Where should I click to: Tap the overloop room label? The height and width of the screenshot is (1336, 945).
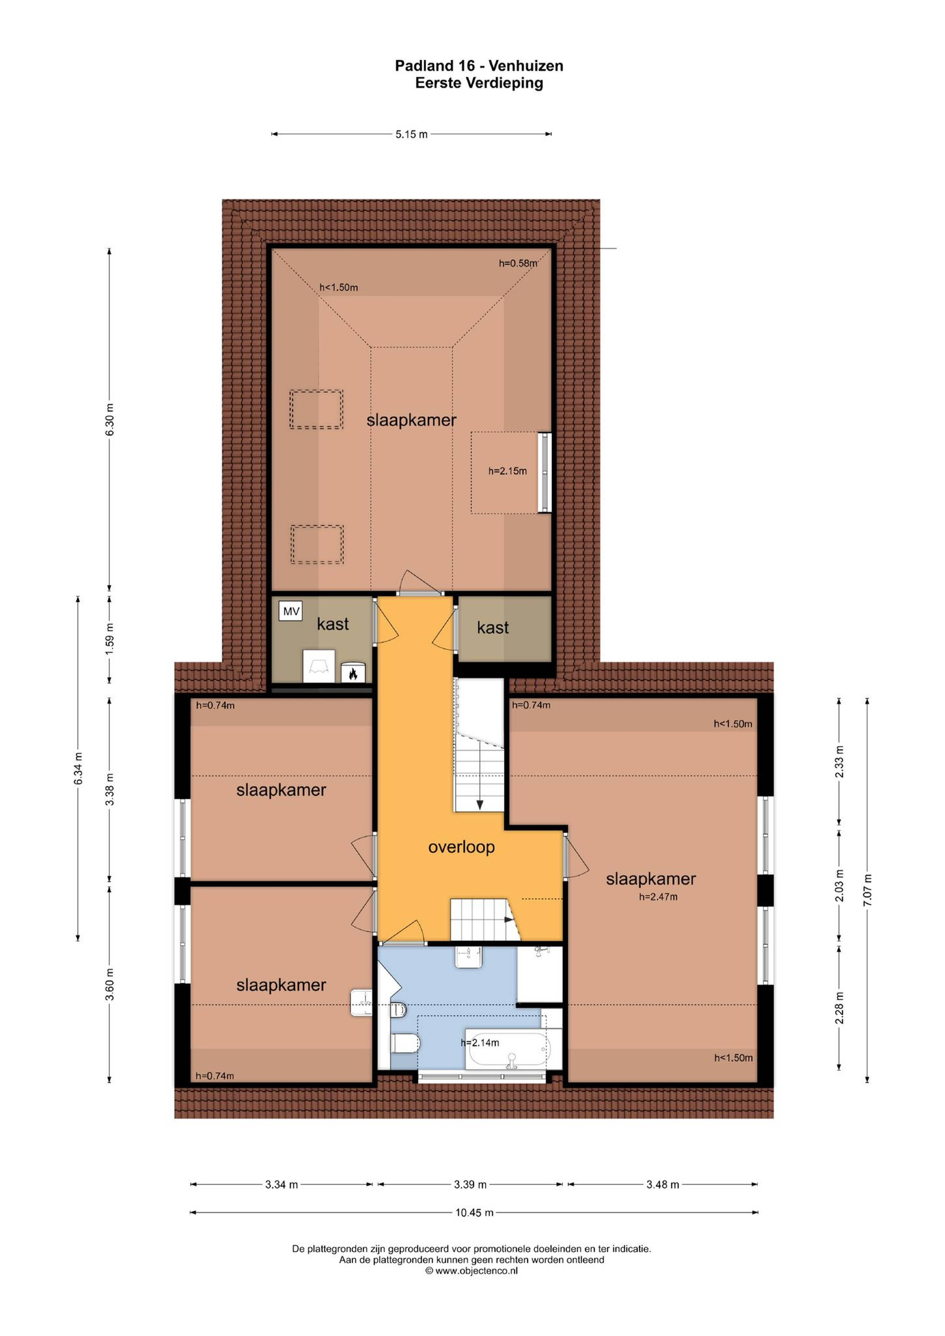(x=461, y=847)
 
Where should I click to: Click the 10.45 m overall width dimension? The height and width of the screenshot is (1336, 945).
(x=474, y=1213)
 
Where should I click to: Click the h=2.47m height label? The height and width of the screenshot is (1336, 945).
(x=658, y=897)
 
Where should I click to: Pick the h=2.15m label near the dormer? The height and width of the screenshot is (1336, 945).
(x=507, y=471)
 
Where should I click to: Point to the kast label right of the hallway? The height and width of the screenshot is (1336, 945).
(x=493, y=628)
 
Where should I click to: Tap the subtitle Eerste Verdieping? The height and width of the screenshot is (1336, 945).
(x=479, y=83)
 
